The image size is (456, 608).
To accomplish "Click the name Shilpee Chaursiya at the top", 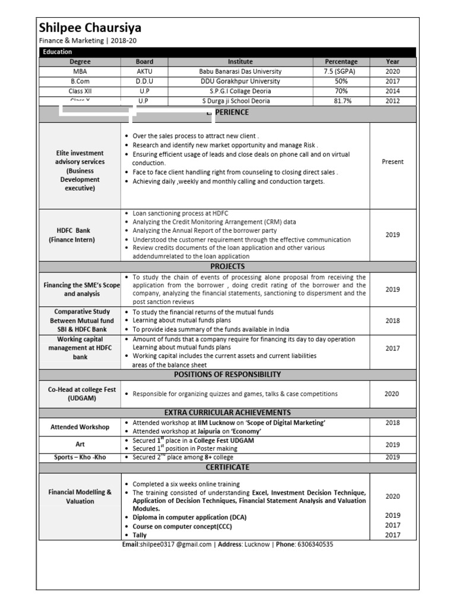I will tap(90, 28).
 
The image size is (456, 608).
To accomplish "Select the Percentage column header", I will tap(341, 62).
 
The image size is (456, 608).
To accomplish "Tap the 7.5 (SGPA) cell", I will tap(341, 71).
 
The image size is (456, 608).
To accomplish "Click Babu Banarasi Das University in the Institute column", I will tap(240, 71).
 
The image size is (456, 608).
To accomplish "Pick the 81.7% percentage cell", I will tap(341, 101).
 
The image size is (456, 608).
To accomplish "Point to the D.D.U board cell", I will tap(144, 81).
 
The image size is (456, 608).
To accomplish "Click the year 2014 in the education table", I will tap(392, 91).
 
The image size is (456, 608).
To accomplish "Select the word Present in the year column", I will tap(392, 161).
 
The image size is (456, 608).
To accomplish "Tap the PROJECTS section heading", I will tap(228, 267).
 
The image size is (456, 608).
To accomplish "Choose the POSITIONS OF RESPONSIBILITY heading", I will tap(228, 375).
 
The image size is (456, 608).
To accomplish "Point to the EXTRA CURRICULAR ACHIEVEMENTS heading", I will tap(228, 412).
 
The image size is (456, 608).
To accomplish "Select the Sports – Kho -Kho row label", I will tap(80, 457).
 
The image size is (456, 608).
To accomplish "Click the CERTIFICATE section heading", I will tap(228, 467).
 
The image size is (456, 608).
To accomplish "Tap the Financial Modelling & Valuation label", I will tap(80, 496).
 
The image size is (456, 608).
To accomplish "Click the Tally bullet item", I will tap(140, 536).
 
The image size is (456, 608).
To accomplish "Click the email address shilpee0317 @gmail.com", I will tap(176, 544).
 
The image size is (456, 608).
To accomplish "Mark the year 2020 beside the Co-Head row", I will tap(392, 394).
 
